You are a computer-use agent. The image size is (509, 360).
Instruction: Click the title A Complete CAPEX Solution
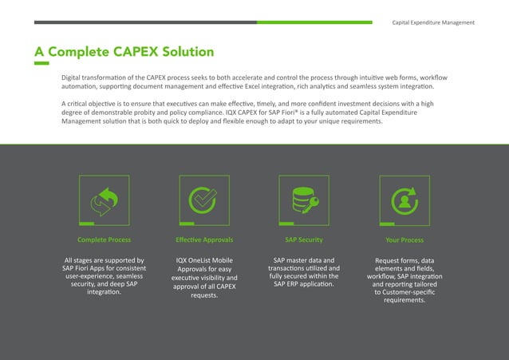coord(124,52)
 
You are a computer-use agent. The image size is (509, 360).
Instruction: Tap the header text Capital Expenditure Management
coord(434,22)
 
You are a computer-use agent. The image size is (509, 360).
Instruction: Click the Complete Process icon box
coord(104,200)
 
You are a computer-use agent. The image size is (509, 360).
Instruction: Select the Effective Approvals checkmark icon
coord(203,200)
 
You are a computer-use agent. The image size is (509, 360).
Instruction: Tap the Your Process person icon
coord(404,201)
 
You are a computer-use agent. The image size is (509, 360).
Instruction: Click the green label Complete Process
coord(104,239)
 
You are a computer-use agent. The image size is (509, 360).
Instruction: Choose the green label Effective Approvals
coord(203,239)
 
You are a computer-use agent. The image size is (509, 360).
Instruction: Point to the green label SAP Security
coord(303,239)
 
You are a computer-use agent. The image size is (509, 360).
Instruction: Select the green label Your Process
coord(404,239)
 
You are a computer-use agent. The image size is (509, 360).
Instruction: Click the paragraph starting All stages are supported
coord(104,276)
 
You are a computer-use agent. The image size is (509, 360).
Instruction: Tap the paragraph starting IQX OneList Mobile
coord(203,278)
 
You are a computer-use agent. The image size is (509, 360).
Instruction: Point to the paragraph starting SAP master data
coord(303,272)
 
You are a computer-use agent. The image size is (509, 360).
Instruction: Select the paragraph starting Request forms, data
coord(404,280)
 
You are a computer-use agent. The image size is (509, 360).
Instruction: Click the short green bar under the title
coord(41,64)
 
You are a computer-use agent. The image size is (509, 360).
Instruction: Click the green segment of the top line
coord(314,22)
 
